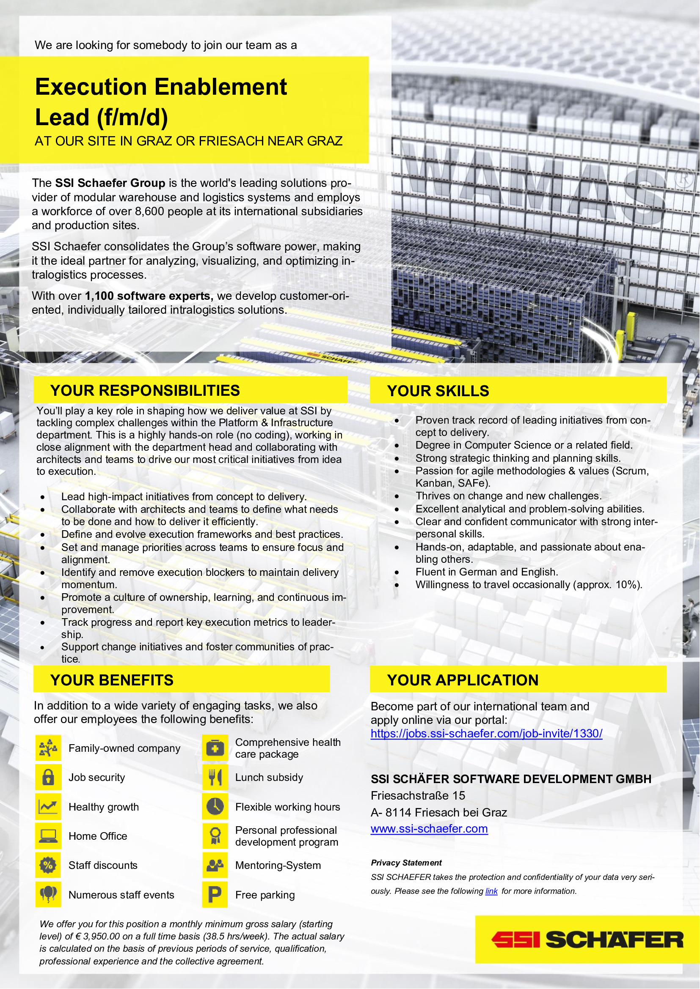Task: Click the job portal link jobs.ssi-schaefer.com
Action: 486,734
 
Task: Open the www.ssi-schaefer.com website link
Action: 429,828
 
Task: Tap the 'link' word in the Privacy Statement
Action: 491,891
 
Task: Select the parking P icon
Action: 215,894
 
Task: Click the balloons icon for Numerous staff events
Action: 48,894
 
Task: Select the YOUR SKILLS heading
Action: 438,391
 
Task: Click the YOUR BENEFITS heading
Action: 112,680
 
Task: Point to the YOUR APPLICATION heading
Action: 463,680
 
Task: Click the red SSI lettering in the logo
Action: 515,940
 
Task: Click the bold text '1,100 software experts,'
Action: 149,296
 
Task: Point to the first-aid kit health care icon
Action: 215,748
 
